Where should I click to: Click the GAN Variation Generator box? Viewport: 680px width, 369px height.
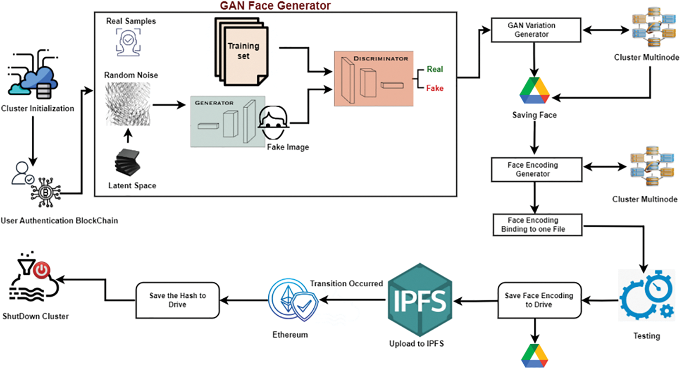[x=535, y=30]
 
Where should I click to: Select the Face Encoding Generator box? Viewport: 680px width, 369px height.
[x=536, y=169]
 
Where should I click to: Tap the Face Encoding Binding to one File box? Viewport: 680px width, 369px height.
[x=537, y=225]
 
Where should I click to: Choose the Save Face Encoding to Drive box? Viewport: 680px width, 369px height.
[x=539, y=300]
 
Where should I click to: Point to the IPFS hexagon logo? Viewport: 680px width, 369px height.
[x=420, y=300]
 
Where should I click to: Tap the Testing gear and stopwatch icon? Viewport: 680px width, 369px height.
[x=646, y=296]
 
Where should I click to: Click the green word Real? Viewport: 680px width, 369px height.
[x=434, y=69]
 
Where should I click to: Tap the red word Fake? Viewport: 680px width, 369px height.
[x=434, y=88]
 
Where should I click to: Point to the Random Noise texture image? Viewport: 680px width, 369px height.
[x=128, y=104]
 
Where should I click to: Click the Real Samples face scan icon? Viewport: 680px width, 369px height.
[x=128, y=42]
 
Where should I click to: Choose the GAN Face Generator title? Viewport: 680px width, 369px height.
[x=275, y=6]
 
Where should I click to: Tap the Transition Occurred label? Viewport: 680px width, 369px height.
[x=346, y=283]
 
